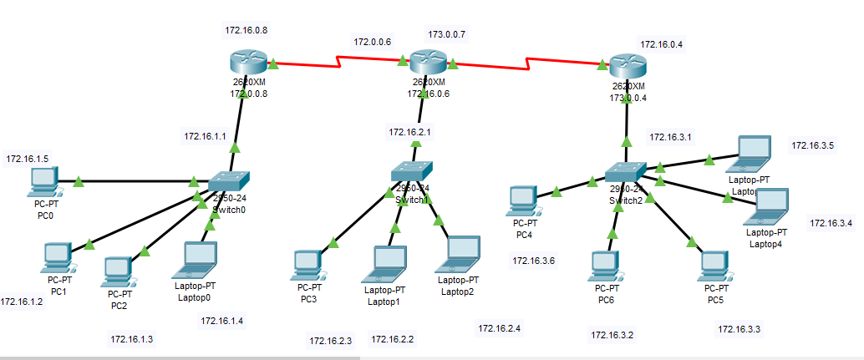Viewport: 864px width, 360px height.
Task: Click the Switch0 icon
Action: pos(228,181)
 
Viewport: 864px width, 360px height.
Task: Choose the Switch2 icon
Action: pos(626,173)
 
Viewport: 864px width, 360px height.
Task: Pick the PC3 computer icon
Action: pos(307,265)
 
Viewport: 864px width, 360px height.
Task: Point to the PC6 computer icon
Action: pos(603,266)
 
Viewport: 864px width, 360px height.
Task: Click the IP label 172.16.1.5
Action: pos(28,159)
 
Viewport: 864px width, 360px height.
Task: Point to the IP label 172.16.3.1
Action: pos(670,137)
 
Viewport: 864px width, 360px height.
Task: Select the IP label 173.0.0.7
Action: pos(447,35)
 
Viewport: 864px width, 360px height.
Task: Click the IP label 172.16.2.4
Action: pos(500,328)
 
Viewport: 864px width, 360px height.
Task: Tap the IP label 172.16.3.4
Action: pos(831,223)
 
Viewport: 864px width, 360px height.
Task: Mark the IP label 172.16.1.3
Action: pos(132,338)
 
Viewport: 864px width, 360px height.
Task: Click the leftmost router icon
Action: pos(248,63)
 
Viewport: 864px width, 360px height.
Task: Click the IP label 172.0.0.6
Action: pos(373,41)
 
